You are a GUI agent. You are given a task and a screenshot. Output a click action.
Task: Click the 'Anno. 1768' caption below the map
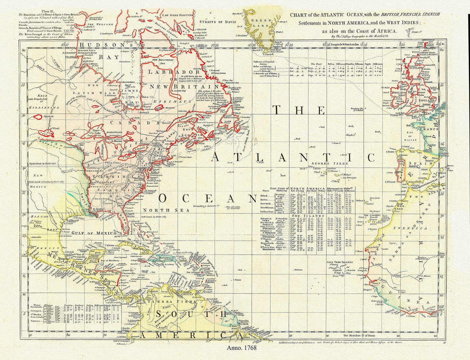pos(243,348)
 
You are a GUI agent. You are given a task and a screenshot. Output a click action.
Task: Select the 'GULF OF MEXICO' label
pos(94,233)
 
